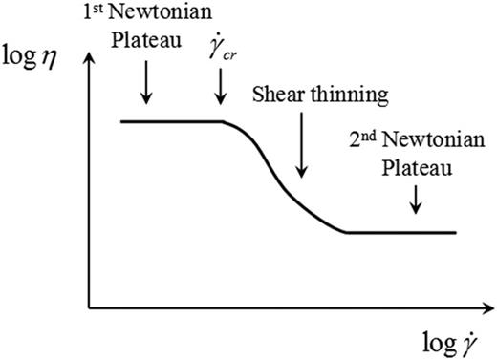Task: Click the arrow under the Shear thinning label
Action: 300,143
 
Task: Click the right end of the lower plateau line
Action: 456,232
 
